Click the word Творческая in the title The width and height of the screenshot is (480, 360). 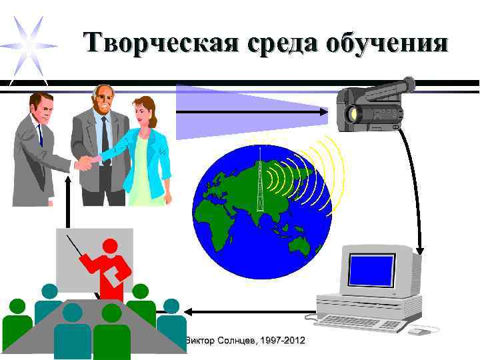(x=161, y=43)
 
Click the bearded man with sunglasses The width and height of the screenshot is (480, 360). (x=101, y=143)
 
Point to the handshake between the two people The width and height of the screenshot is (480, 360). (x=85, y=163)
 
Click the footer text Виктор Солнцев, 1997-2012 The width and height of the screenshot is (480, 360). (x=245, y=341)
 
